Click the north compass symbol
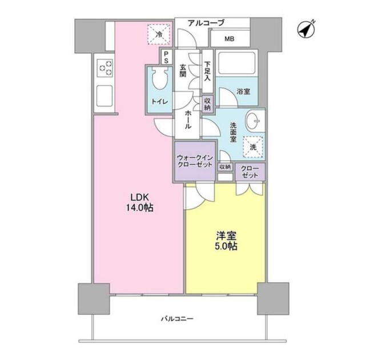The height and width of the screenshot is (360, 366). point(306,30)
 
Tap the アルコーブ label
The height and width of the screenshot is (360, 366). point(206,23)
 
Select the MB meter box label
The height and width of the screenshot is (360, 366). point(230,39)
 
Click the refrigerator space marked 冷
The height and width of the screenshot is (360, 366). point(159,34)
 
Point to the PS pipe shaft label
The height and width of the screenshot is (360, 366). point(166,58)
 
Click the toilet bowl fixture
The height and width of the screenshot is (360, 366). point(160,78)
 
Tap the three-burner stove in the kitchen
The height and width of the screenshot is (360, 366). point(106,68)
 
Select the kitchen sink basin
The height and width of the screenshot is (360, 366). point(105,96)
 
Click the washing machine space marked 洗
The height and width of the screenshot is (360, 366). point(253,147)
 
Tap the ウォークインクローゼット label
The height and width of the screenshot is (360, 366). point(195,161)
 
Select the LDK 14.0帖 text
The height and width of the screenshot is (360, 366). point(139,202)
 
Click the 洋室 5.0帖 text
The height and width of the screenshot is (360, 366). point(226,241)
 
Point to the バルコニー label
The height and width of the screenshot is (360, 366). point(178,319)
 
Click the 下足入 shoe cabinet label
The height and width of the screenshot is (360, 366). point(207,71)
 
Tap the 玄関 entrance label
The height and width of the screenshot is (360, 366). point(183,70)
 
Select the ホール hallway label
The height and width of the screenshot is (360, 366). point(188,119)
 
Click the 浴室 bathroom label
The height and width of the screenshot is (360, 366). point(243,91)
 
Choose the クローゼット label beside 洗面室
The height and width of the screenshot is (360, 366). point(250,172)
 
